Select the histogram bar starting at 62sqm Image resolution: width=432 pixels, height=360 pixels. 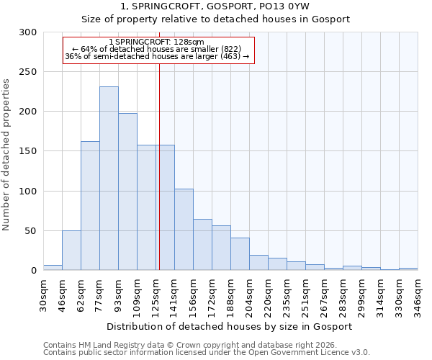(x=90, y=206)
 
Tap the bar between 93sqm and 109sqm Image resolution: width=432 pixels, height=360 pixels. (x=127, y=192)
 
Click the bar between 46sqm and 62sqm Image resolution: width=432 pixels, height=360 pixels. (x=71, y=251)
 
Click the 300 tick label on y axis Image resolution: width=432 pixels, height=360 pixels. (x=28, y=32)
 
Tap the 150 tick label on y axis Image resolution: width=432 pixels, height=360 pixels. (x=28, y=152)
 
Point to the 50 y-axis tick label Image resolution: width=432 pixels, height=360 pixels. (x=31, y=231)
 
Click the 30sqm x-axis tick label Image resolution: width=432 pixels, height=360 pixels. (x=43, y=295)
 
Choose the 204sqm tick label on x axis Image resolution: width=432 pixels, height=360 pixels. (x=249, y=297)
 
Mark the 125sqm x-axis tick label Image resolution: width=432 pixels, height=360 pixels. (x=156, y=297)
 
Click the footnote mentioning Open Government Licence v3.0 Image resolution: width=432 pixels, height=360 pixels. (x=207, y=353)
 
